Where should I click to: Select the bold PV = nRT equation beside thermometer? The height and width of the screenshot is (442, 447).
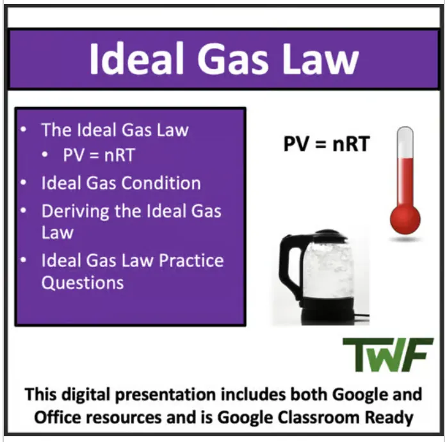tap(326, 143)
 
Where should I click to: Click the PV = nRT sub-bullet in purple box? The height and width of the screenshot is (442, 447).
tap(99, 155)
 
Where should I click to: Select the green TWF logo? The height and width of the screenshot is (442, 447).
tap(379, 354)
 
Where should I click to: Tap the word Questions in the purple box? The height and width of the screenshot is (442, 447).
tap(83, 282)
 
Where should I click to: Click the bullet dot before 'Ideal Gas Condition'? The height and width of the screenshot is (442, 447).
tap(24, 183)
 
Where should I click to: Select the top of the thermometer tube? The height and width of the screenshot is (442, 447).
tap(405, 133)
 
